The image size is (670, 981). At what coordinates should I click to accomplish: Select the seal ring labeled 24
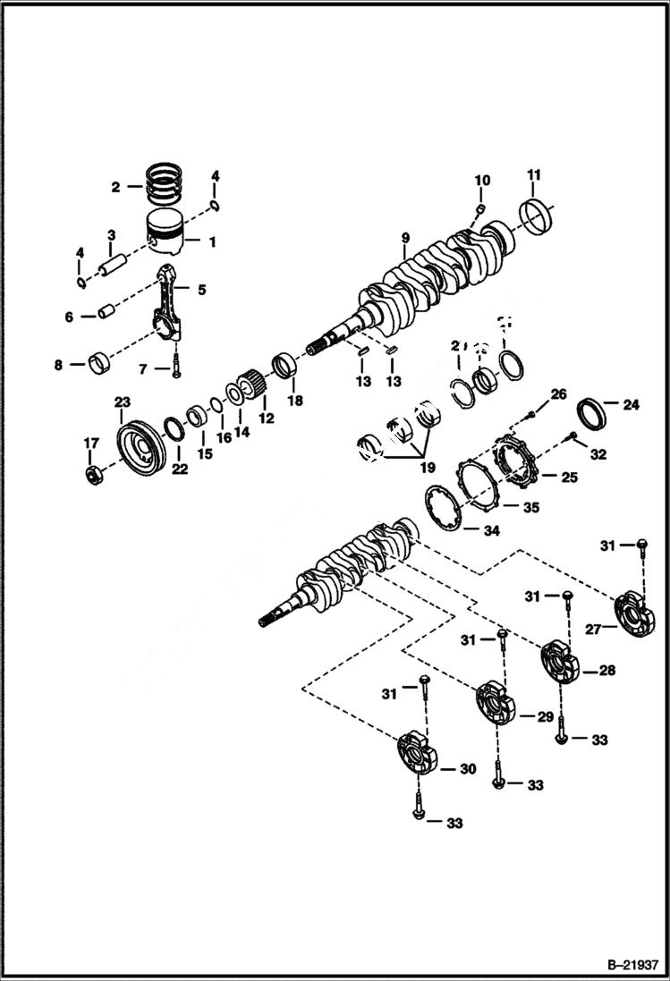pos(591,412)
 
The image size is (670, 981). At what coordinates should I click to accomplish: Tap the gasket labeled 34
pos(440,508)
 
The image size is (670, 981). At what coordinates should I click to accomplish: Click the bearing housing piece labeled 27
pos(637,615)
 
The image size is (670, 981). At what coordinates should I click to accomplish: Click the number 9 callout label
pos(405,237)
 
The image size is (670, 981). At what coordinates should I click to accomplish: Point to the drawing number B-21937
pos(627,965)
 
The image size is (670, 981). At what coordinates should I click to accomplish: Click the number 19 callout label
pos(427,467)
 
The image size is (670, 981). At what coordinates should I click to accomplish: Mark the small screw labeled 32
pos(572,436)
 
